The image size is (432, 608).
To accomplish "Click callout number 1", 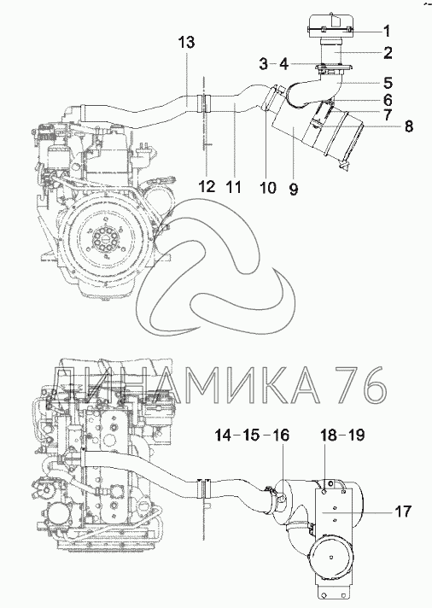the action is (x=386, y=31).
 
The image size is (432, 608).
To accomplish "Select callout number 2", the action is (x=388, y=53).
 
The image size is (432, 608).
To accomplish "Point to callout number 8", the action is (x=409, y=126).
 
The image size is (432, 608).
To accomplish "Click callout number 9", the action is (x=294, y=190).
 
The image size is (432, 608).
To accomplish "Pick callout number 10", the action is (x=267, y=188).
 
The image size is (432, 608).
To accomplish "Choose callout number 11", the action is (x=233, y=187).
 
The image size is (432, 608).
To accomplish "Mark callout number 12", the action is (x=207, y=187).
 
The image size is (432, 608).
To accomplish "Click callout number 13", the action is (x=186, y=42).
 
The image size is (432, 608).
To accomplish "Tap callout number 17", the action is (x=402, y=512).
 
